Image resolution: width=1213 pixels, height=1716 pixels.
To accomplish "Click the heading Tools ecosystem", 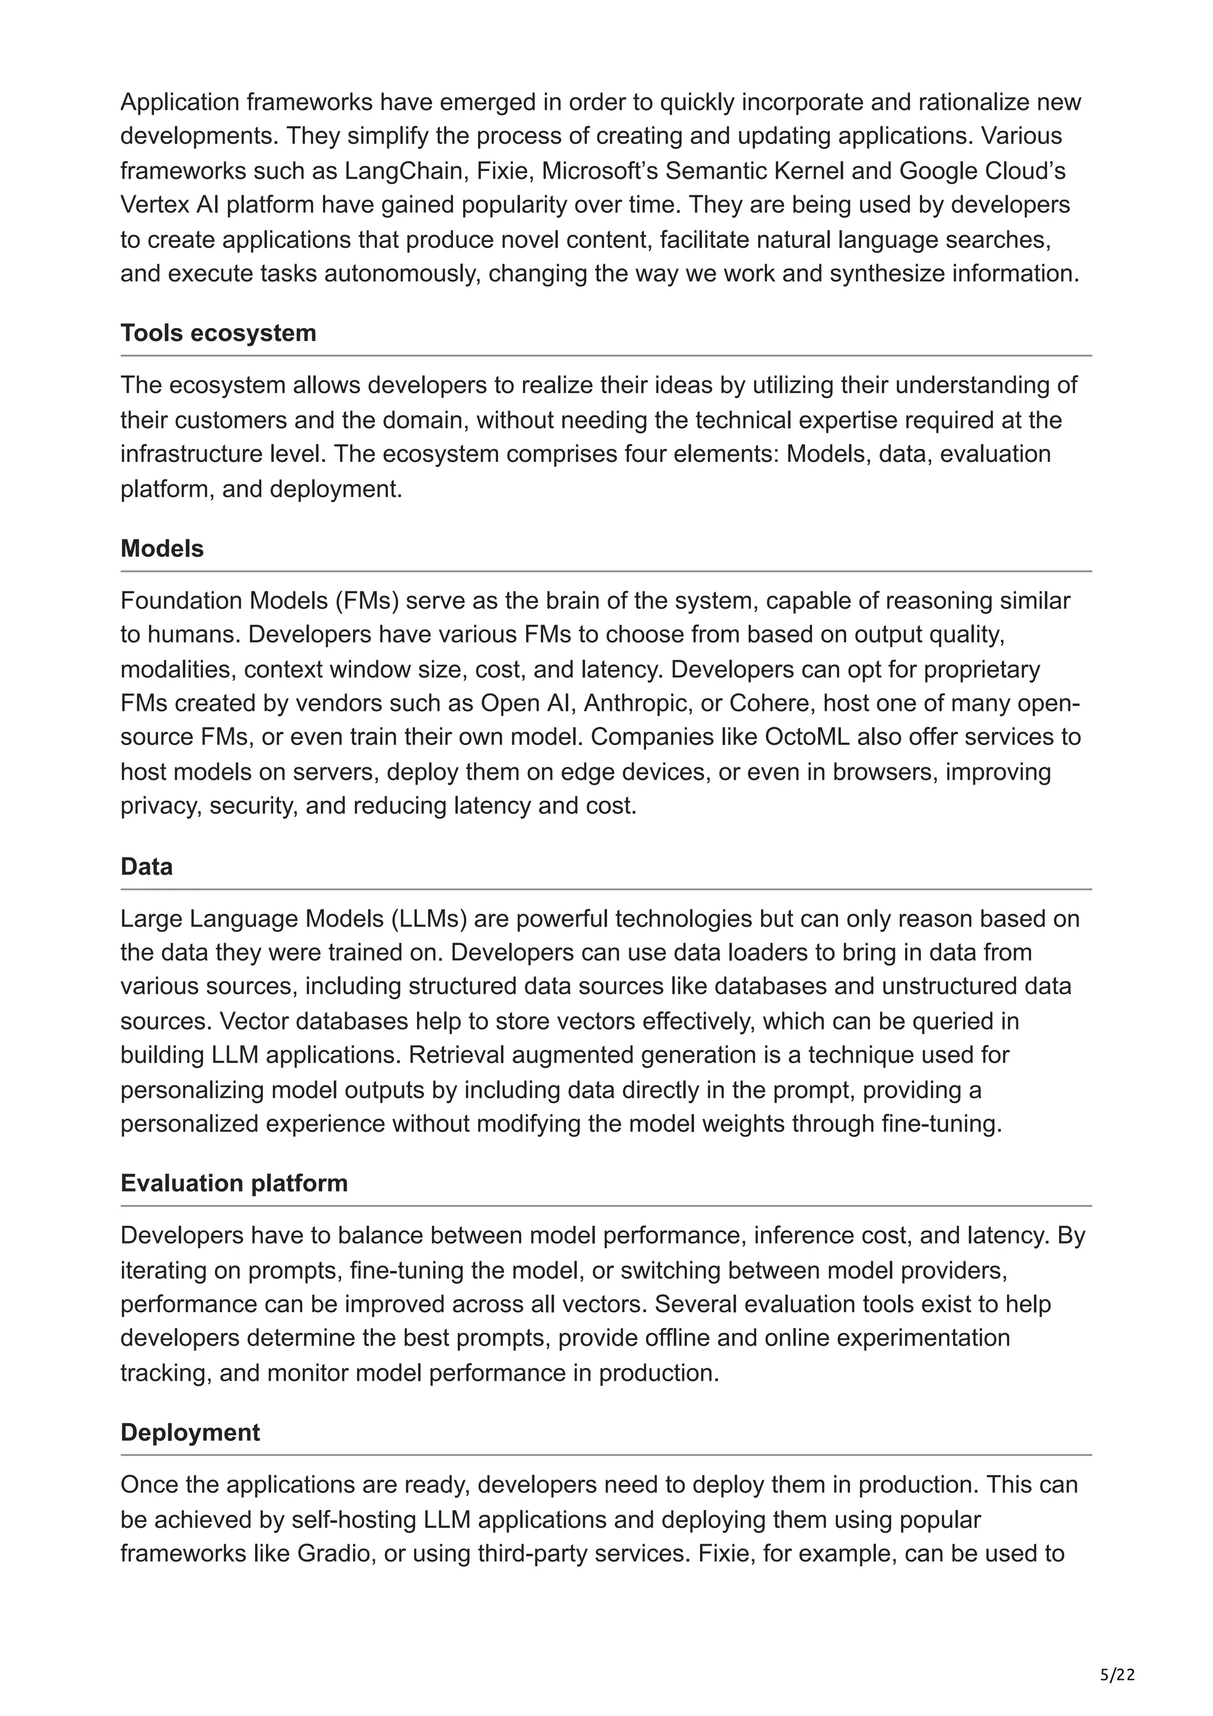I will pyautogui.click(x=218, y=333).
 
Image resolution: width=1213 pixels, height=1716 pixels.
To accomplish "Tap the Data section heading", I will pyautogui.click(x=146, y=866).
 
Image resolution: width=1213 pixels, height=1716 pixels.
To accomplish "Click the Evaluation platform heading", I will pyautogui.click(x=234, y=1183).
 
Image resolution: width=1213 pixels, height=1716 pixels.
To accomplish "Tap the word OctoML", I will pyautogui.click(x=805, y=737).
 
